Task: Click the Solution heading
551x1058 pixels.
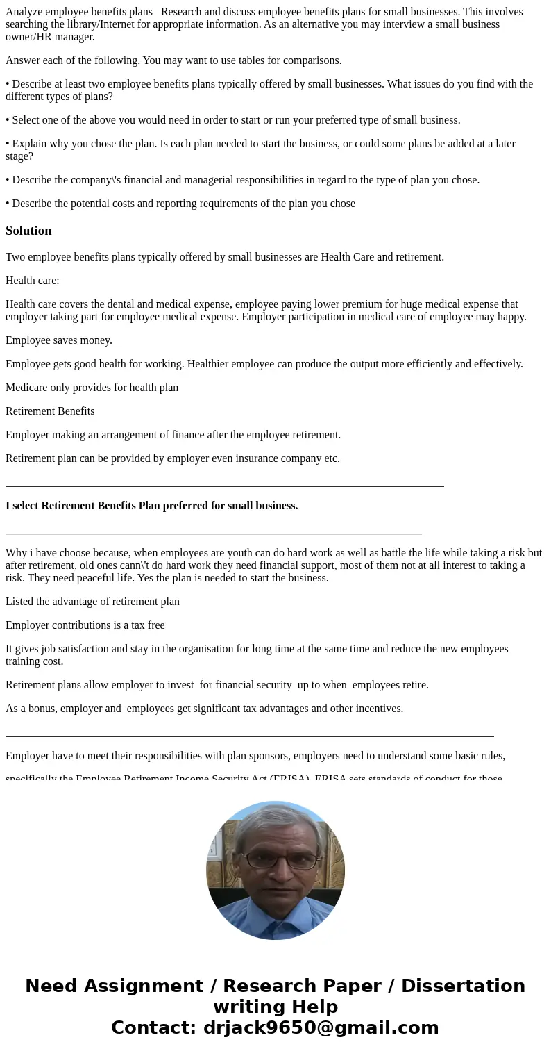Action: pos(28,231)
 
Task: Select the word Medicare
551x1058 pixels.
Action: pos(26,388)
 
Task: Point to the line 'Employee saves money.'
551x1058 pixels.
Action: pos(59,340)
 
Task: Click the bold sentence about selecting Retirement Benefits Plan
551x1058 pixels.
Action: pos(151,506)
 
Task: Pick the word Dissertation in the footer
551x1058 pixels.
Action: pos(463,986)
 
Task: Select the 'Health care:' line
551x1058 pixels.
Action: pos(33,281)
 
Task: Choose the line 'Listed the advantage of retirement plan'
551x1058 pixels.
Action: pos(92,602)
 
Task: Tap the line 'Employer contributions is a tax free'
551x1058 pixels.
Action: pos(85,625)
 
